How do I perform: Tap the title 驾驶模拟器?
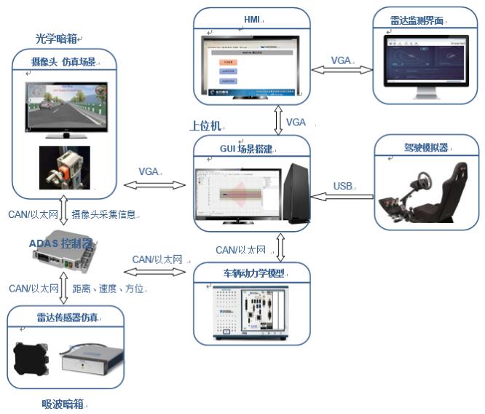(x=425, y=147)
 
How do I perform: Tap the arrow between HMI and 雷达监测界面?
(x=340, y=70)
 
